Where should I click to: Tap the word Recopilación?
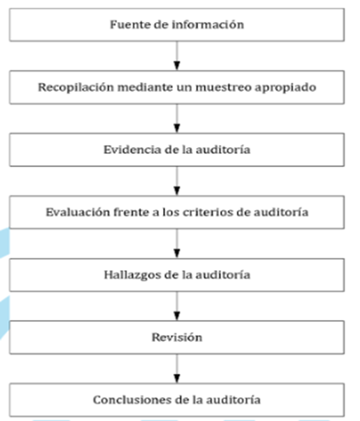tap(76, 88)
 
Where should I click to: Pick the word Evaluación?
tap(78, 212)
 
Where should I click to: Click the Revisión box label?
tap(177, 338)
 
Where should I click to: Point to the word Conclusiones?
tap(132, 400)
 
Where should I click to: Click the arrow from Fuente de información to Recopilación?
tap(177, 56)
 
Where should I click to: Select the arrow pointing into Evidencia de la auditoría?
tap(177, 118)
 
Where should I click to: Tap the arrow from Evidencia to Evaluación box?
tap(177, 181)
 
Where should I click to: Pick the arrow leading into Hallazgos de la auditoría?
tap(177, 244)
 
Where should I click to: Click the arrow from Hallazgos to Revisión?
tap(177, 306)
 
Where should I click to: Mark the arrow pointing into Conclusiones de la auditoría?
tap(177, 368)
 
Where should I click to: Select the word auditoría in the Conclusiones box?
tap(233, 400)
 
